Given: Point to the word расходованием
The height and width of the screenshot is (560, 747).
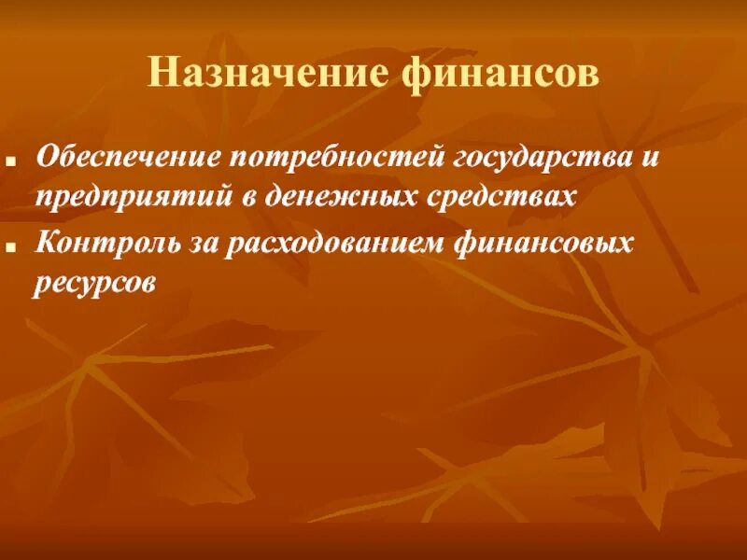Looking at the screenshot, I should pos(320,245).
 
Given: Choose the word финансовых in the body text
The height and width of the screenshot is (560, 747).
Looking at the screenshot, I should pos(543,245).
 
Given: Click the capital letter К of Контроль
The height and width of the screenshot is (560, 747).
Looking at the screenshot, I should pos(45,245).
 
